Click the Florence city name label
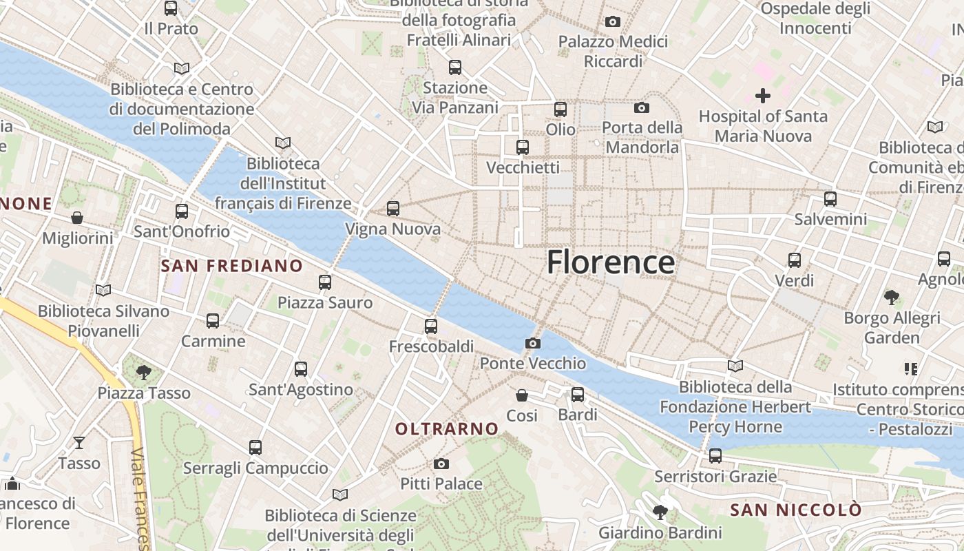click(610, 263)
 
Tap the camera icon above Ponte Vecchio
click(532, 343)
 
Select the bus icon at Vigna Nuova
click(392, 208)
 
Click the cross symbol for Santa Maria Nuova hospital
click(763, 96)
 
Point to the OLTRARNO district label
click(447, 429)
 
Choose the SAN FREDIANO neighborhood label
click(231, 266)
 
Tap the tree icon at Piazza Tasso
click(143, 373)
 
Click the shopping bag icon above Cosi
click(522, 395)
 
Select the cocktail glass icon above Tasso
click(79, 442)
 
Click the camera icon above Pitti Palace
click(441, 464)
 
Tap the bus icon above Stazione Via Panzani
click(454, 67)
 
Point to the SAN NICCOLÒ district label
click(795, 510)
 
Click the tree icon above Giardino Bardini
click(660, 512)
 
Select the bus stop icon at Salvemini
click(830, 199)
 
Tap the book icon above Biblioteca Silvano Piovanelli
click(103, 290)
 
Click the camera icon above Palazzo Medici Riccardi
click(613, 22)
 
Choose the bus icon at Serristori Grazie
click(715, 456)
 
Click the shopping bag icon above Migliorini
click(77, 218)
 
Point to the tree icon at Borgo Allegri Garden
click(892, 298)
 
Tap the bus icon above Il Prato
click(171, 8)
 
